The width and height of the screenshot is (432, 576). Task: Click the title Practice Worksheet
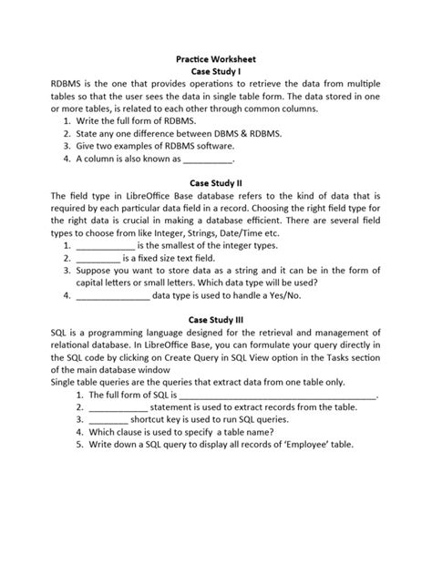(x=216, y=57)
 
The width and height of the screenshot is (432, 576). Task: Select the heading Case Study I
(x=216, y=69)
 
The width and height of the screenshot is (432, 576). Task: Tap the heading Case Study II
(x=216, y=183)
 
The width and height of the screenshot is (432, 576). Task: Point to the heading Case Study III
(x=216, y=320)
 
